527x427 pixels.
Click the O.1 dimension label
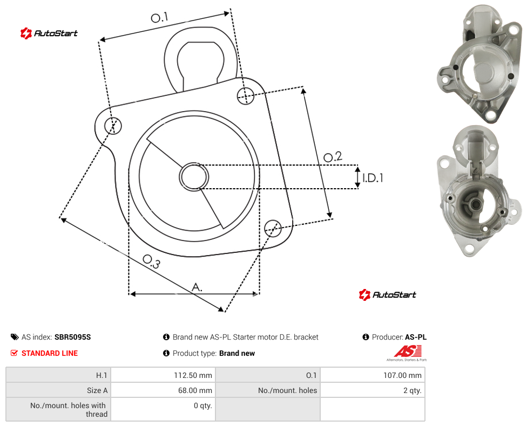159,17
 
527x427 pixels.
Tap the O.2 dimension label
333,157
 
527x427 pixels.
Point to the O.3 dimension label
151,261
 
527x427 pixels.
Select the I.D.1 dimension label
373,178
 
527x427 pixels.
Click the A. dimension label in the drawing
197,287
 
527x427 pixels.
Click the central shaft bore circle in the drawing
194,177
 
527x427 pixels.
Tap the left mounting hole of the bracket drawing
113,126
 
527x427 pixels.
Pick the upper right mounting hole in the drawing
246,95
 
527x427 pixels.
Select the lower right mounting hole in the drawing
273,229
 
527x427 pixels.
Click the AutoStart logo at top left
49,33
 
